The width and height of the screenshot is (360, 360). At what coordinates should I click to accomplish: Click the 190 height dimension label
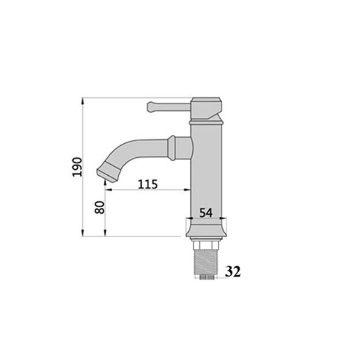pos(77,166)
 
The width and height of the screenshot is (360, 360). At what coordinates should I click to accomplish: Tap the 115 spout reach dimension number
pos(148,184)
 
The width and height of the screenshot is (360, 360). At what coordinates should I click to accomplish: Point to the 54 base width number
pos(206,212)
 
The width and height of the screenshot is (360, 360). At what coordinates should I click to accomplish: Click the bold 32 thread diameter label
pos(233,272)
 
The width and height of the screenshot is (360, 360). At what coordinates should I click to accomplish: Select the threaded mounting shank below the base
pos(206,264)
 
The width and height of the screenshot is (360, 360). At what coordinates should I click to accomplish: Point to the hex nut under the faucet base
pos(206,245)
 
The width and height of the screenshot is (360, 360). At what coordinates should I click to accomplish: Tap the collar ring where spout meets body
pos(172,148)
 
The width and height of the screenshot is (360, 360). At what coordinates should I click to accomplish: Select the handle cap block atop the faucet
pos(206,108)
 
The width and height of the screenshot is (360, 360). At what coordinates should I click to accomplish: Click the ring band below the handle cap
pos(206,122)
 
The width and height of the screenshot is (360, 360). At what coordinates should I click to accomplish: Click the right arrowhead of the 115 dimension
pos(188,190)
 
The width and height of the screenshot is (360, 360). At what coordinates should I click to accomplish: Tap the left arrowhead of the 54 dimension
pos(188,218)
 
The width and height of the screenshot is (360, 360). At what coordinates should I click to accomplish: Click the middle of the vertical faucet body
pos(206,173)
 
